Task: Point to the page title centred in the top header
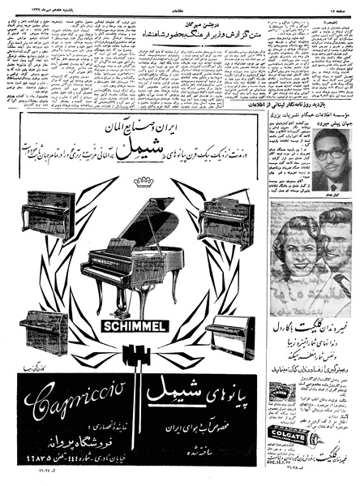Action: [x=180, y=5]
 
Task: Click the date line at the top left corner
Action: [x=32, y=5]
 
